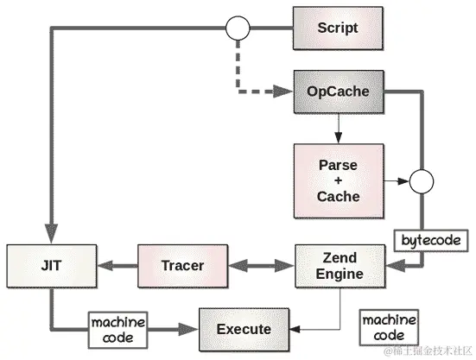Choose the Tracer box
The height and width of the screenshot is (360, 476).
(x=181, y=265)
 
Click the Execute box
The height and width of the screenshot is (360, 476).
(x=243, y=329)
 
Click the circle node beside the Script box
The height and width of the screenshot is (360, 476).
(x=237, y=28)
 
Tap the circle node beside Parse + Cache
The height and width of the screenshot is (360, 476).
(x=422, y=182)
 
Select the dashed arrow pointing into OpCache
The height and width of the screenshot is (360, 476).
(x=251, y=90)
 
